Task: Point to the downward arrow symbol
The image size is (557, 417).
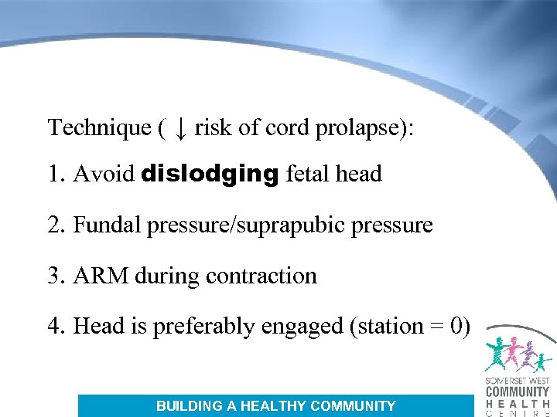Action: coord(179,127)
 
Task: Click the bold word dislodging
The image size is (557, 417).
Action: coord(210,175)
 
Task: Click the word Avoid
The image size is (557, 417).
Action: coord(104,175)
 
